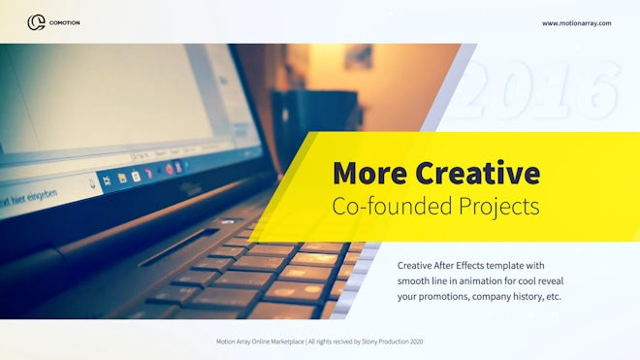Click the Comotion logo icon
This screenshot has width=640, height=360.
pos(36,21)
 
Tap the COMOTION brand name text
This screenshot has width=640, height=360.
pos(65,22)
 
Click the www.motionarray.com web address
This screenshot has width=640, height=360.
pos(576,22)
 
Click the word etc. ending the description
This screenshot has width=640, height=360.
pos(555,297)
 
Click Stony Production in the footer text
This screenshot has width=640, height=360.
pos(383,342)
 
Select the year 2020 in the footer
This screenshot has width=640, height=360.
pos(416,342)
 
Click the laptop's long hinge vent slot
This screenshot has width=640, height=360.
pos(179,246)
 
